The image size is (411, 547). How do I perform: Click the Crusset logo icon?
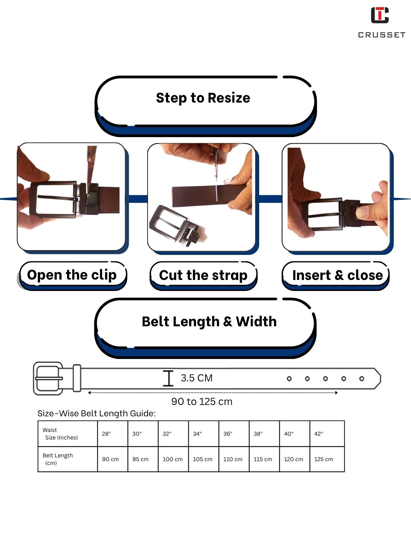coord(379,15)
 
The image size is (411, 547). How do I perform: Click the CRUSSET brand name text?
coord(382,35)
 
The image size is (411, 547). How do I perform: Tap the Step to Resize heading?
coord(203,98)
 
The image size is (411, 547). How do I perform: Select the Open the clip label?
coord(72,275)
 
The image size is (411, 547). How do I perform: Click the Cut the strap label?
coord(203,275)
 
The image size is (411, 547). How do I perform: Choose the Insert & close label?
coord(338,275)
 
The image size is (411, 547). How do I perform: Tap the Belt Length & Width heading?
coord(209,321)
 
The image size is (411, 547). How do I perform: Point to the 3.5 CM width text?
coord(197,378)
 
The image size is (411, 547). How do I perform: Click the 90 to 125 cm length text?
coord(202,402)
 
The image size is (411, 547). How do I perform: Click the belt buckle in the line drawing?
coord(48,378)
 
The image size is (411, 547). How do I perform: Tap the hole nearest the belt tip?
coord(362,379)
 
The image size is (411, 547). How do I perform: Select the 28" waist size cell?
coord(113,433)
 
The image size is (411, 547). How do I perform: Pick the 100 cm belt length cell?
coord(173,459)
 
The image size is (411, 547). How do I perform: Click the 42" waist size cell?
coord(327,433)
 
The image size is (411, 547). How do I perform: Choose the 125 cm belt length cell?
coord(327,459)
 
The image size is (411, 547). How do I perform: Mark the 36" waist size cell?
coord(234,433)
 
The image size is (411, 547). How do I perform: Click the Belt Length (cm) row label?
coord(57,459)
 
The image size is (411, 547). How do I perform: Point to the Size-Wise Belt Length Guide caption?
coord(97,413)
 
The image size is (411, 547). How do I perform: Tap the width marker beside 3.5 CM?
coord(168,378)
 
